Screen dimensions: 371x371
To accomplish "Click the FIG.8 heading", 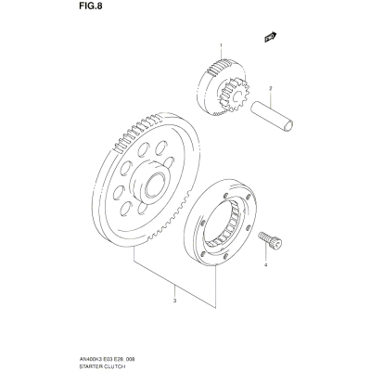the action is [x=89, y=6].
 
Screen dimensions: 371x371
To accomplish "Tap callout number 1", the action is [x=221, y=45].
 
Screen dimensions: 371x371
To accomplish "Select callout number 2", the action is [x=270, y=88].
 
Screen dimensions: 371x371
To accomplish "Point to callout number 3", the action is [x=174, y=301].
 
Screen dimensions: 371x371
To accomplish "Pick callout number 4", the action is [x=265, y=264].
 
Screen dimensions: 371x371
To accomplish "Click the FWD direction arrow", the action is [x=270, y=37].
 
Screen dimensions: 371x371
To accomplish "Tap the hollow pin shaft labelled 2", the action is [x=272, y=115].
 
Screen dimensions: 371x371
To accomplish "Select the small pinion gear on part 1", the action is [x=233, y=96].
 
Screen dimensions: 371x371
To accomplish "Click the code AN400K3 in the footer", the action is [x=86, y=359].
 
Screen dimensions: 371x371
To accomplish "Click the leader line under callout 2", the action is [x=270, y=99].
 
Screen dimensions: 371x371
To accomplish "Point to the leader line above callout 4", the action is [x=265, y=252].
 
